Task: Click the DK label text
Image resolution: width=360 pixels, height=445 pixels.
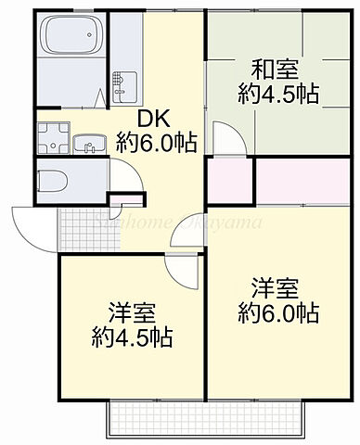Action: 154,119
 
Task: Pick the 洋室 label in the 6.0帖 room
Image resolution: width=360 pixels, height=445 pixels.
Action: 276,288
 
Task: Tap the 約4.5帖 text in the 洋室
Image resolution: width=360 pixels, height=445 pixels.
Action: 130,336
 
